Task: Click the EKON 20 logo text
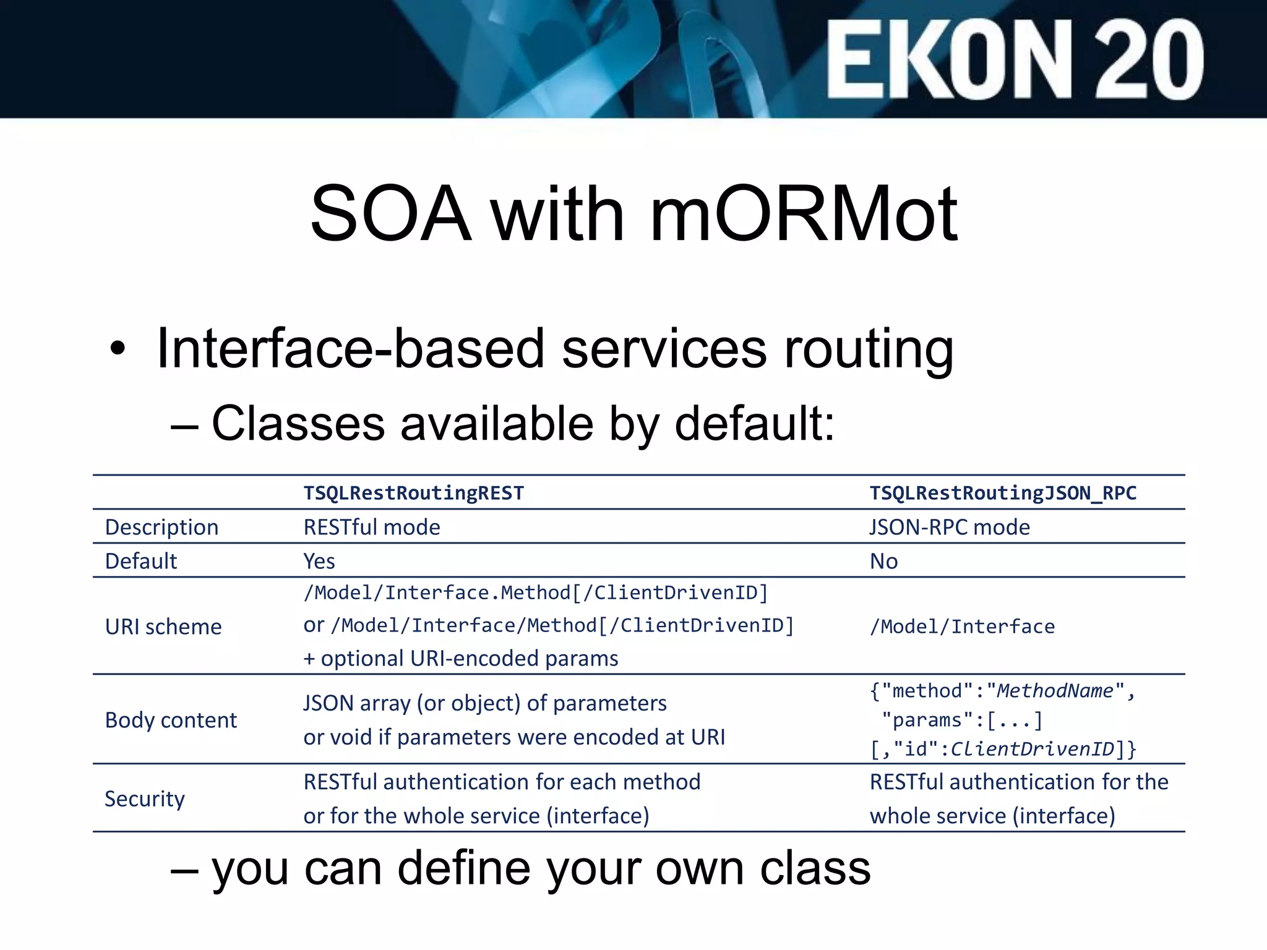[1015, 59]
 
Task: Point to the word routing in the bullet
[869, 349]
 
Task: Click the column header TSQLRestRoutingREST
[413, 493]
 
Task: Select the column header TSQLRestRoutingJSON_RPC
[1003, 493]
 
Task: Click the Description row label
[161, 527]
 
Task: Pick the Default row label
[141, 561]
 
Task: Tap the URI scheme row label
[163, 627]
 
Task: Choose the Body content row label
[171, 720]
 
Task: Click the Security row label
[145, 798]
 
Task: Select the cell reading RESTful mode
[372, 527]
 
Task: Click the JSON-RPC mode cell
[950, 527]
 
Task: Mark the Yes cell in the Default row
[319, 561]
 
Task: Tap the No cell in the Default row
[883, 561]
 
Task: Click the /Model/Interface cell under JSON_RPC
[962, 627]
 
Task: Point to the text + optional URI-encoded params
[460, 658]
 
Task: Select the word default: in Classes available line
[755, 424]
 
